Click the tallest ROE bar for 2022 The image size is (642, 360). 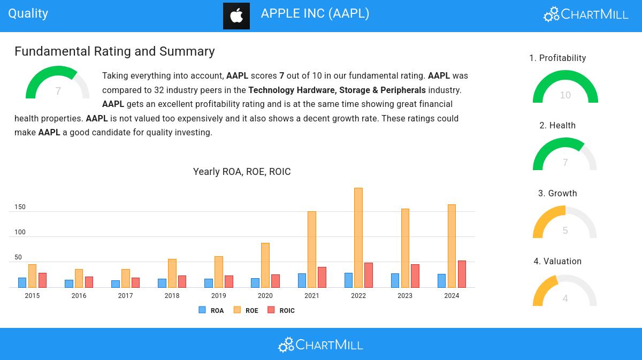click(358, 238)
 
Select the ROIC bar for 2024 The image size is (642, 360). click(462, 274)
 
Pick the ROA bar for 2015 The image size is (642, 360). click(22, 282)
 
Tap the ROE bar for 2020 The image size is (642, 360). click(265, 265)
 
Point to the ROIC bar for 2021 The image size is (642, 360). click(322, 277)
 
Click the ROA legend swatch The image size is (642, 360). click(202, 310)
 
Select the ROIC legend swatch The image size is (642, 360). click(271, 310)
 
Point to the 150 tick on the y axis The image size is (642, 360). click(20, 207)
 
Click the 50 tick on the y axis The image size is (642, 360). click(18, 257)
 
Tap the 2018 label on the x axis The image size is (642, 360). click(172, 295)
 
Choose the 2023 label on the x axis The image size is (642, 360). click(405, 295)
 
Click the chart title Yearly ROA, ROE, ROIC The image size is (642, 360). click(242, 172)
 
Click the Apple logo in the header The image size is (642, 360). click(236, 16)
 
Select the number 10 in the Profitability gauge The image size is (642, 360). click(565, 95)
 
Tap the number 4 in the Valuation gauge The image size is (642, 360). click(565, 298)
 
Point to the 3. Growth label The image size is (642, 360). click(557, 193)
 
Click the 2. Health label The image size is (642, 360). click(557, 125)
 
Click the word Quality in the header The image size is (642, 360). click(28, 14)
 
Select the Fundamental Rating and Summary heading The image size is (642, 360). click(114, 51)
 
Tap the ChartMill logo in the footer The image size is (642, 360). click(320, 344)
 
